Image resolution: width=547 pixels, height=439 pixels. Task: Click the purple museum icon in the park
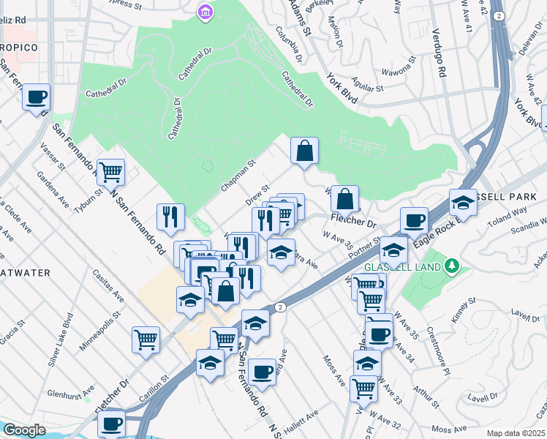[x=204, y=12]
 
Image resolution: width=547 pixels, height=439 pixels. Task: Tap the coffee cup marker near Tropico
[x=36, y=97]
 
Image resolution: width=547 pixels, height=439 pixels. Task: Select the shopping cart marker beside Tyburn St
[x=110, y=173]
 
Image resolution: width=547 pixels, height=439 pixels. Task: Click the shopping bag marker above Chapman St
[x=304, y=151]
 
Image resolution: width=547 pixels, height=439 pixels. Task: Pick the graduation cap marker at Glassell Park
[x=462, y=203]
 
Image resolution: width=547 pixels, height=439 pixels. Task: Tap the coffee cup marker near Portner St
[x=414, y=220]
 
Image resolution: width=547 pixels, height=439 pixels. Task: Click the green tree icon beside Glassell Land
[x=453, y=266]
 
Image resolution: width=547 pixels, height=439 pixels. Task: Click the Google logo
[x=23, y=430]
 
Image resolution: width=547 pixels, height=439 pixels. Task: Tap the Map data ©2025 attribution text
[x=516, y=433]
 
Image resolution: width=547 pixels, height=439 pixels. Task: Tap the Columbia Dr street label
[x=289, y=44]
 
